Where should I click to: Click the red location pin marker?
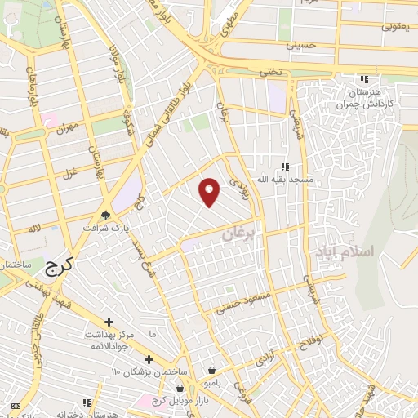pos(210,192)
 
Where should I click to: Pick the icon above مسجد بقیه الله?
pos(285,166)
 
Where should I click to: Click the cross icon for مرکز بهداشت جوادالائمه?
pos(109,322)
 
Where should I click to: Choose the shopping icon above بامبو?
pos(212,370)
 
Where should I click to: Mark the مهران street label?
pos(67,127)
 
